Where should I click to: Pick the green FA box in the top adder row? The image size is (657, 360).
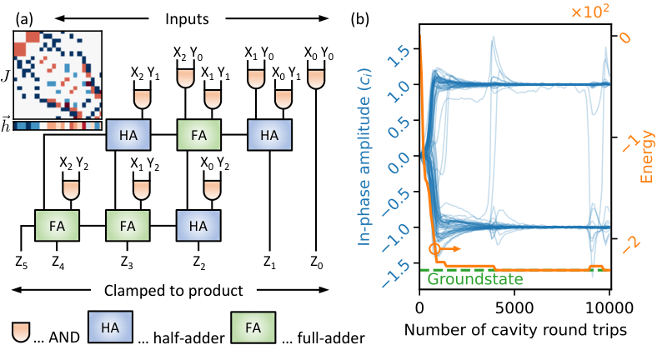tap(197, 134)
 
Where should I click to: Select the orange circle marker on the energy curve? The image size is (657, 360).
tap(434, 247)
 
